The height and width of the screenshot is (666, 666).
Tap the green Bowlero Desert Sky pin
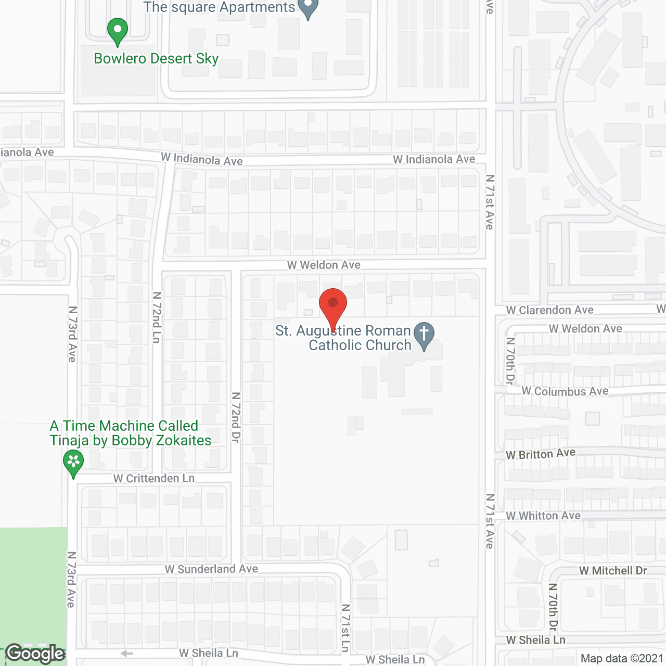[x=118, y=31]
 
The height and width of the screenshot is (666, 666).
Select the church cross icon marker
[x=424, y=335]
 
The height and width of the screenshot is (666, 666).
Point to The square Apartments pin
[x=308, y=8]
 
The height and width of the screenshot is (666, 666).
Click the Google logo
[x=35, y=654]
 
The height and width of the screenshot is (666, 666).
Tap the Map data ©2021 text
[x=622, y=659]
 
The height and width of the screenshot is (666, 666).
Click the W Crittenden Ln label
[x=154, y=478]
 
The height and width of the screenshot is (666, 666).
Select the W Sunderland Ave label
[x=211, y=569]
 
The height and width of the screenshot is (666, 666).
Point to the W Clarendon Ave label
[x=549, y=310]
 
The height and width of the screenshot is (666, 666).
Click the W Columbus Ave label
[x=565, y=391]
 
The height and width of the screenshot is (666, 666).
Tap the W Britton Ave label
[x=541, y=454]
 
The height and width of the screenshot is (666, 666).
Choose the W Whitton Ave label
[x=543, y=516]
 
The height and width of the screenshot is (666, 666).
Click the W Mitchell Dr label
[x=613, y=571]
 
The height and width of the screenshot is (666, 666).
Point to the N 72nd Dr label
[x=236, y=417]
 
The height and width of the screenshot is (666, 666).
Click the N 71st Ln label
[x=345, y=628]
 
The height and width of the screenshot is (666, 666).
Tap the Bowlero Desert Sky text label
[x=156, y=59]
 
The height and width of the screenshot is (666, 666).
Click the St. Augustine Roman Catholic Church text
[x=343, y=338]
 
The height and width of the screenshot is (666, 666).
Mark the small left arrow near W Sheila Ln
[x=126, y=654]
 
